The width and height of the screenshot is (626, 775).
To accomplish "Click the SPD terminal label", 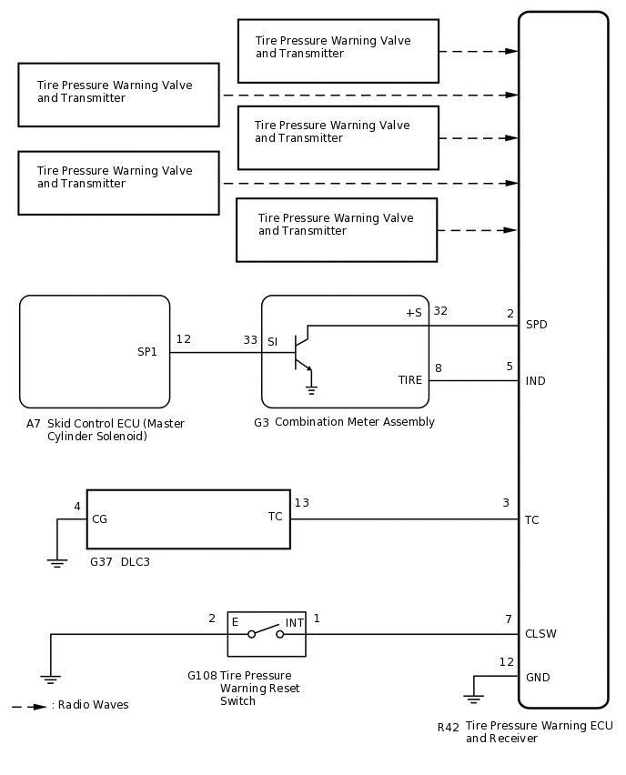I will (x=536, y=325).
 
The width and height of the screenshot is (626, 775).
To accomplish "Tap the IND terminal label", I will (x=535, y=381).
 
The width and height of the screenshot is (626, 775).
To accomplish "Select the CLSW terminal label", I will (x=540, y=634).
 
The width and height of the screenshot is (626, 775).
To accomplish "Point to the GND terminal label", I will (x=538, y=678).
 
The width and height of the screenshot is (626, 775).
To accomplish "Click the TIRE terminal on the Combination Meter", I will (x=410, y=380).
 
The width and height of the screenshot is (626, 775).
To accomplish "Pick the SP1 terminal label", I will (x=147, y=352).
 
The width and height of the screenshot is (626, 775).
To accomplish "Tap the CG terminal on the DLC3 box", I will (x=99, y=519).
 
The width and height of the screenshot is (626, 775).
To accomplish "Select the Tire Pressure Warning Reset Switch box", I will (x=267, y=634).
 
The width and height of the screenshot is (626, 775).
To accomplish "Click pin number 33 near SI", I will (x=250, y=340).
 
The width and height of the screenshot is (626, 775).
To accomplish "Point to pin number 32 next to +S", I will (x=440, y=311).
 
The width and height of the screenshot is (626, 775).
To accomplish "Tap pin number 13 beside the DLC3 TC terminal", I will (x=301, y=503).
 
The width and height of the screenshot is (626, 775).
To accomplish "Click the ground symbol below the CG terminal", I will (x=57, y=563).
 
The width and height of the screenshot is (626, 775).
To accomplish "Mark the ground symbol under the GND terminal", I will (x=473, y=699).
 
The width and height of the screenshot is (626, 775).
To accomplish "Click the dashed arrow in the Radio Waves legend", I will (x=29, y=706).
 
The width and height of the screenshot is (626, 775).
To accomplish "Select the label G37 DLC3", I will (x=120, y=563).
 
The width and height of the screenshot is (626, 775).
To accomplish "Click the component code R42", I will (x=448, y=728).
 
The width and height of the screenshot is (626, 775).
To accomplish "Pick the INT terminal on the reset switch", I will (x=295, y=623).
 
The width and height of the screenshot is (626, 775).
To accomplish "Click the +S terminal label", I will (x=413, y=313).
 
